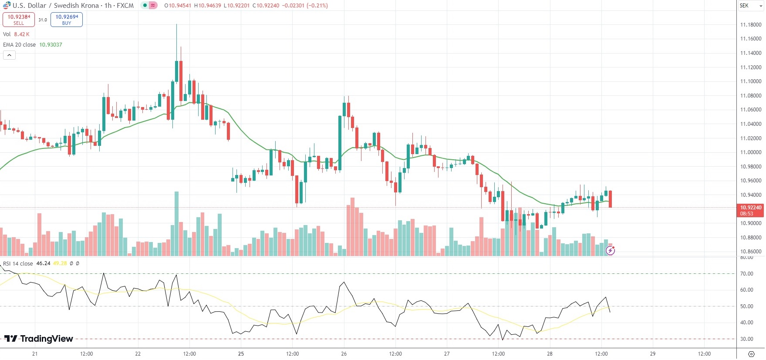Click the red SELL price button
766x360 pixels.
[19, 20]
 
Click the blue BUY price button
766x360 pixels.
[67, 20]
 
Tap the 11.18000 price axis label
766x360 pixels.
[751, 25]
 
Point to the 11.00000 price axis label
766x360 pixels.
[751, 152]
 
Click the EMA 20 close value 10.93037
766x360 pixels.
[51, 45]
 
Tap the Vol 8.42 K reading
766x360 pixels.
[21, 34]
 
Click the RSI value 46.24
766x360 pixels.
[43, 264]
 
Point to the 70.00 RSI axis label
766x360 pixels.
[746, 274]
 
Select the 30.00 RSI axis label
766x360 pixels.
[746, 339]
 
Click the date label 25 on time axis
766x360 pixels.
[241, 354]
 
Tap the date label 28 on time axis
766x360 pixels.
[550, 354]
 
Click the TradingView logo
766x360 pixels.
[39, 339]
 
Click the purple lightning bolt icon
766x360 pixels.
[611, 250]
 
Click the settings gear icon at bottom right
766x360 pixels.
[751, 353]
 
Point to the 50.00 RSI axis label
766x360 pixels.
[746, 306]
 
